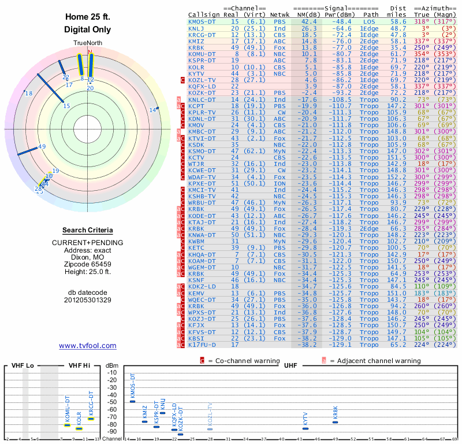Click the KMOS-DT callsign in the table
pyautogui.click(x=202, y=21)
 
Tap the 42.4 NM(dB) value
pyautogui.click(x=308, y=21)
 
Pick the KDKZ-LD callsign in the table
pyautogui.click(x=202, y=286)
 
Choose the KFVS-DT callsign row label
pyautogui.click(x=202, y=332)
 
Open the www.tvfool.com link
pyautogui.click(x=88, y=346)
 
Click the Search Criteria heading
pyautogui.click(x=88, y=230)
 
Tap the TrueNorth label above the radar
pyautogui.click(x=88, y=44)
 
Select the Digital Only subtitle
pyautogui.click(x=88, y=29)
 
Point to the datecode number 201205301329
pyautogui.click(x=88, y=300)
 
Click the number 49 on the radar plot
pyautogui.click(x=42, y=147)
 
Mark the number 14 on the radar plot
pyautogui.click(x=152, y=110)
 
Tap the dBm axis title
pyautogui.click(x=112, y=366)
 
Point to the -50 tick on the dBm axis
pyautogui.click(x=112, y=402)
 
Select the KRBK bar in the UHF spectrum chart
pyautogui.click(x=336, y=422)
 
